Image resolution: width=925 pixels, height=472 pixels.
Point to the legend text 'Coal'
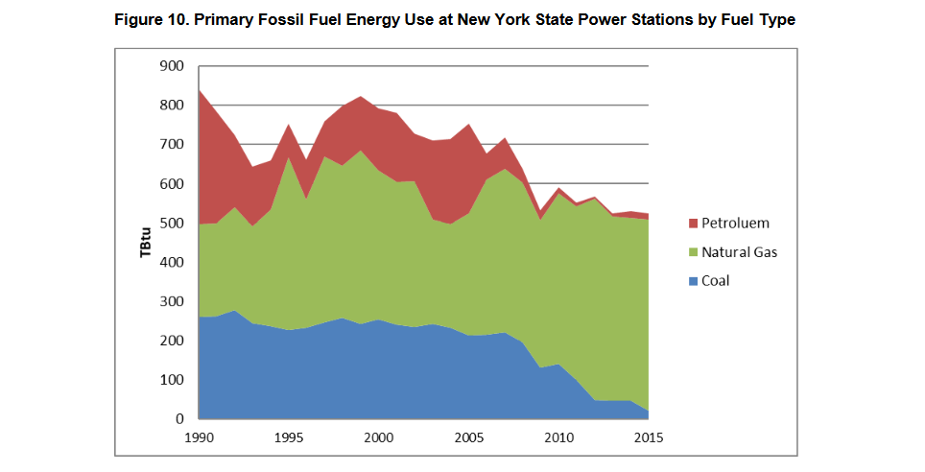716,281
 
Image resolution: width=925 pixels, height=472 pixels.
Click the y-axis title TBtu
145,242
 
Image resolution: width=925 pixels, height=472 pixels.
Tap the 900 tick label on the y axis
172,66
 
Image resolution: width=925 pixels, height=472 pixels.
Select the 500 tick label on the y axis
172,224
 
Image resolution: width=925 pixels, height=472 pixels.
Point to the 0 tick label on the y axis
179,419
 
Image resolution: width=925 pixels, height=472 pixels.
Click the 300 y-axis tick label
172,302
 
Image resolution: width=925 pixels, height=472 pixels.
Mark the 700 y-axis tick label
172,145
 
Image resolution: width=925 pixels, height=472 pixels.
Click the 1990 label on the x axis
198,438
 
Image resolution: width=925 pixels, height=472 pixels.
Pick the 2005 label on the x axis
469,438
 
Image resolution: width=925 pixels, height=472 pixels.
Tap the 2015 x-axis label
650,438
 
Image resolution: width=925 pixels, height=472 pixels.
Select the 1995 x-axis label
288,438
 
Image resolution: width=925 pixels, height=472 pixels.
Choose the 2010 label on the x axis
559,438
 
